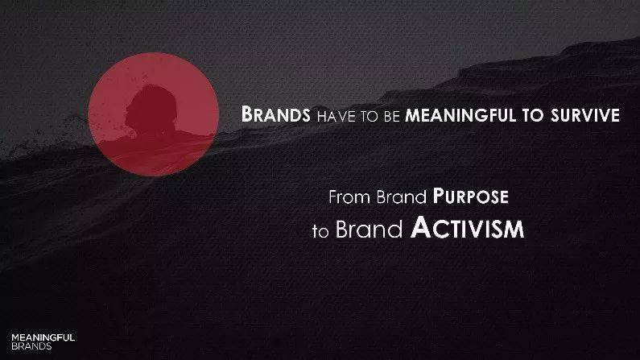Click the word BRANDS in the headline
[275, 114]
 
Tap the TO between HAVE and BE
[369, 116]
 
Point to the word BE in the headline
[391, 116]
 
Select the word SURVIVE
[585, 115]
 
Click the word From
[350, 197]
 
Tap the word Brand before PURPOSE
[401, 197]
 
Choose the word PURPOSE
[471, 197]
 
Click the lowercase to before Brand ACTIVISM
[320, 231]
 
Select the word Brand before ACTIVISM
[369, 229]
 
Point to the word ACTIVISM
[468, 227]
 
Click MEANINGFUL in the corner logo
[43, 337]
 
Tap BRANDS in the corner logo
[31, 346]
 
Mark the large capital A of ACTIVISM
[421, 227]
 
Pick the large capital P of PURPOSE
[438, 197]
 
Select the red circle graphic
[153, 114]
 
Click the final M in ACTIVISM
[514, 230]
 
